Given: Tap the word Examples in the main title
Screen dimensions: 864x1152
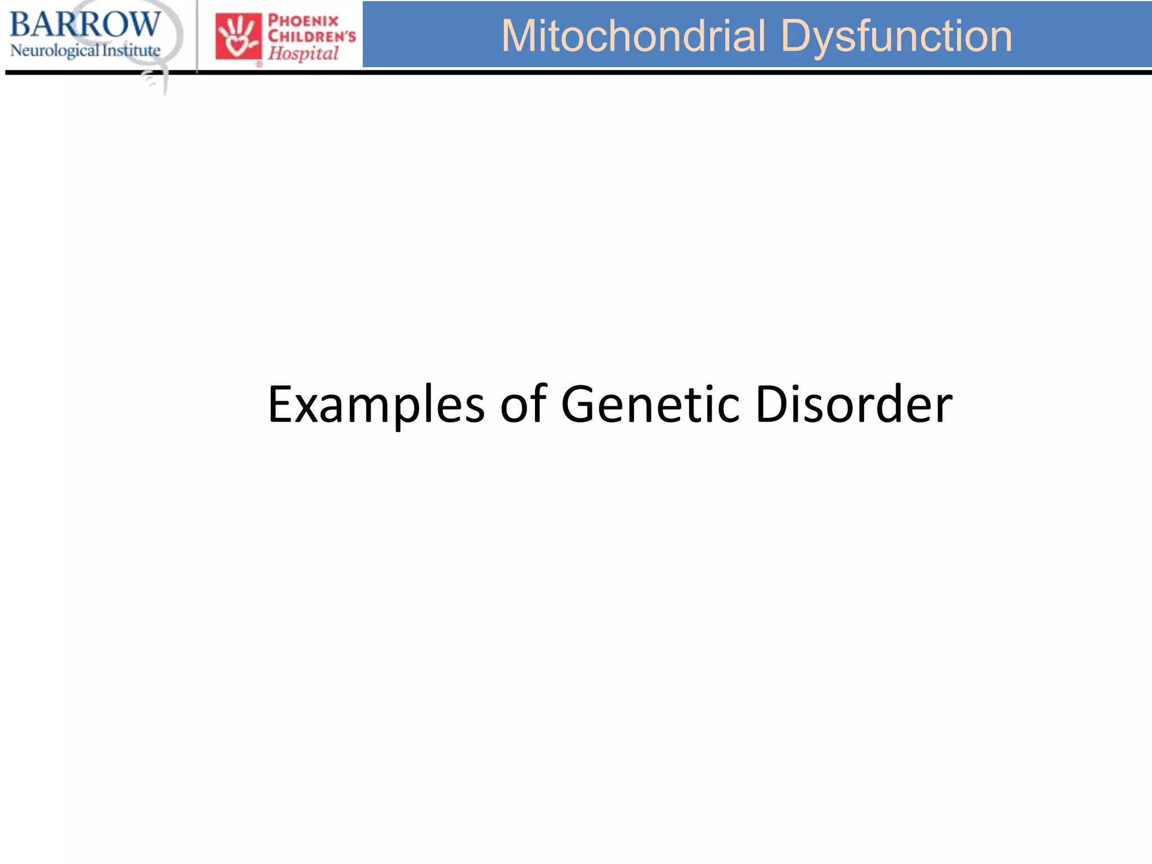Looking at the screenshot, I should (376, 404).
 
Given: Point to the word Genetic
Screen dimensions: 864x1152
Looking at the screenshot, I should (650, 404).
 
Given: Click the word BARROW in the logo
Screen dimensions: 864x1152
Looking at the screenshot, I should (85, 25).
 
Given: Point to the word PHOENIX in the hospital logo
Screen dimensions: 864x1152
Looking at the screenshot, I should (303, 21).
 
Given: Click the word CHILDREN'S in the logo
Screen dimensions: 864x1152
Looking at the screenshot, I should (312, 37).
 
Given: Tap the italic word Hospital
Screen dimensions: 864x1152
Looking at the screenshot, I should (303, 54).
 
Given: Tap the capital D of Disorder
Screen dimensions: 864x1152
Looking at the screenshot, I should (772, 404).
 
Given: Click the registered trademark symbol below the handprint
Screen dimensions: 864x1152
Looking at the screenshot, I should (259, 64).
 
